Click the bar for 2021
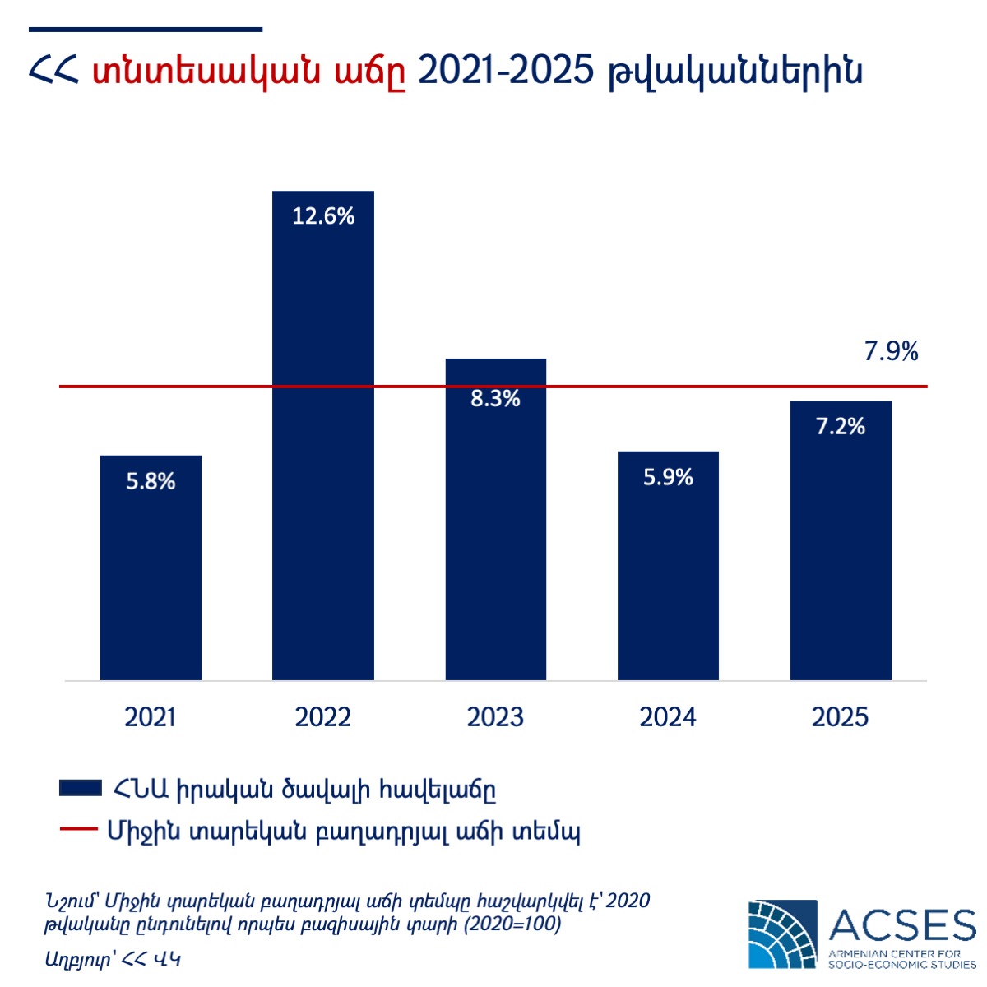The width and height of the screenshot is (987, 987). coord(151,576)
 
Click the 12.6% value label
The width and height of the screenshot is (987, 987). coord(323,216)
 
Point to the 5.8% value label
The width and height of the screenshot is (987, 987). coord(151,481)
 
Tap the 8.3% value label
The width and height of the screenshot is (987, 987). coord(496,399)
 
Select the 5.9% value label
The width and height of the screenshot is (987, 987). coord(668,477)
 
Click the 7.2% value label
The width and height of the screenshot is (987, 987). coord(841,426)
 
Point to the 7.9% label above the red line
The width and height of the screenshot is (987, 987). coord(891,352)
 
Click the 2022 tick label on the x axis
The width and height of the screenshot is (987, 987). coord(323,717)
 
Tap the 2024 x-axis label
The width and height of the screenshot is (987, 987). coord(668,717)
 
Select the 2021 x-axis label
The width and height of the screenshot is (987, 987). coord(151,717)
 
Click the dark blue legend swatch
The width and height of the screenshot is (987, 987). coord(81,789)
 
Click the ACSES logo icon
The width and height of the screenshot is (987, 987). coord(783,934)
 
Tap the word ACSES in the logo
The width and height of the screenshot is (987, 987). coord(902,925)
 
